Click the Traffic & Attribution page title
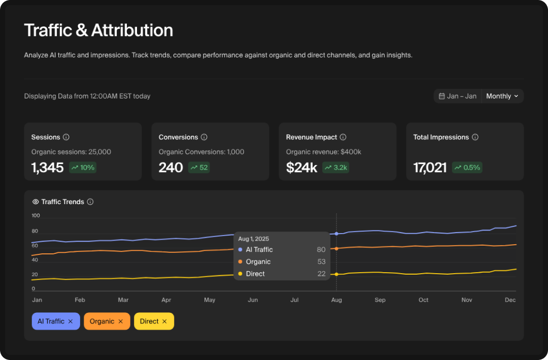point(98,30)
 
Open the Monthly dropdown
point(502,96)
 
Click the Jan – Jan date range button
point(458,96)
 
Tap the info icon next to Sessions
point(66,137)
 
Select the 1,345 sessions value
point(48,168)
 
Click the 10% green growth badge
point(83,168)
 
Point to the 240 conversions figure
point(170,168)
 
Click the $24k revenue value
point(301,168)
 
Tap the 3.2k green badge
point(336,168)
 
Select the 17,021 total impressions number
point(430,168)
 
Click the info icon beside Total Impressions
point(475,137)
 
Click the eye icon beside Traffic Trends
point(36,202)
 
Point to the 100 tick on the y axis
point(36,216)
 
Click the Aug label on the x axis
point(336,300)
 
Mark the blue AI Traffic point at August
point(336,234)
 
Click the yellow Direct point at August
point(336,274)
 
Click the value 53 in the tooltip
point(321,261)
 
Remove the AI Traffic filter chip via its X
point(71,321)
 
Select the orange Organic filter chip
point(102,321)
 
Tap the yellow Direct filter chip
point(149,321)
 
